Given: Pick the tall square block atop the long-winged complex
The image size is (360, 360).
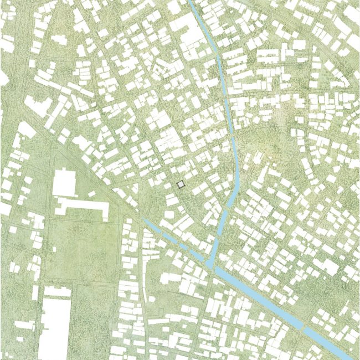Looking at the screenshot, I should coord(64,183).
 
